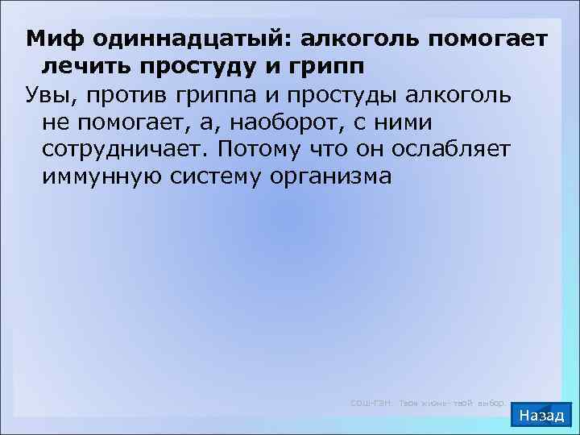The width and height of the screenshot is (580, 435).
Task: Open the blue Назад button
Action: click(542, 416)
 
